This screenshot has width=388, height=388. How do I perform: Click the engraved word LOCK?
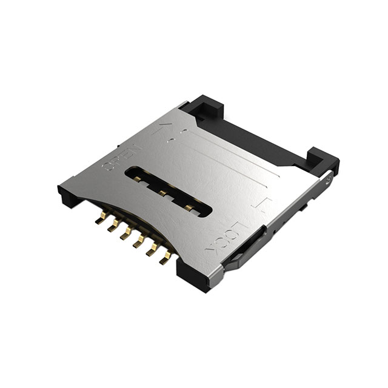click(229, 239)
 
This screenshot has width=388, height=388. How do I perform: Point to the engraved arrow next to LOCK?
click(264, 206)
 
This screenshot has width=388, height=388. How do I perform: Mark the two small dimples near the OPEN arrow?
click(173, 137)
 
